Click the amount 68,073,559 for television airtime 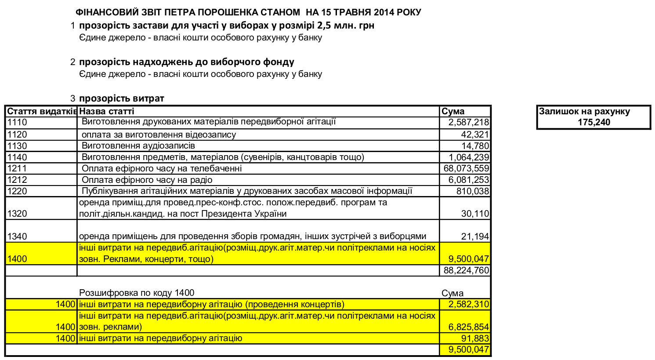[x=466, y=168]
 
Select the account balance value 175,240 [x=593, y=122]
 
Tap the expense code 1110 [x=17, y=123]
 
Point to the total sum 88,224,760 [x=466, y=270]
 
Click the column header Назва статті [x=107, y=111]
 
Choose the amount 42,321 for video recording [x=475, y=135]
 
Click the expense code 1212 [x=17, y=180]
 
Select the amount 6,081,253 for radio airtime [x=468, y=180]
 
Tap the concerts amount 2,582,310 [x=468, y=304]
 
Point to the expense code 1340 [x=17, y=236]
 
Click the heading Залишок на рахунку [x=584, y=112]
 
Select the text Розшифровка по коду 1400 [x=137, y=293]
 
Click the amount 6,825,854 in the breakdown [x=468, y=327]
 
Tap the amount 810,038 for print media [x=472, y=191]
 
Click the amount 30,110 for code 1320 [x=475, y=214]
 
